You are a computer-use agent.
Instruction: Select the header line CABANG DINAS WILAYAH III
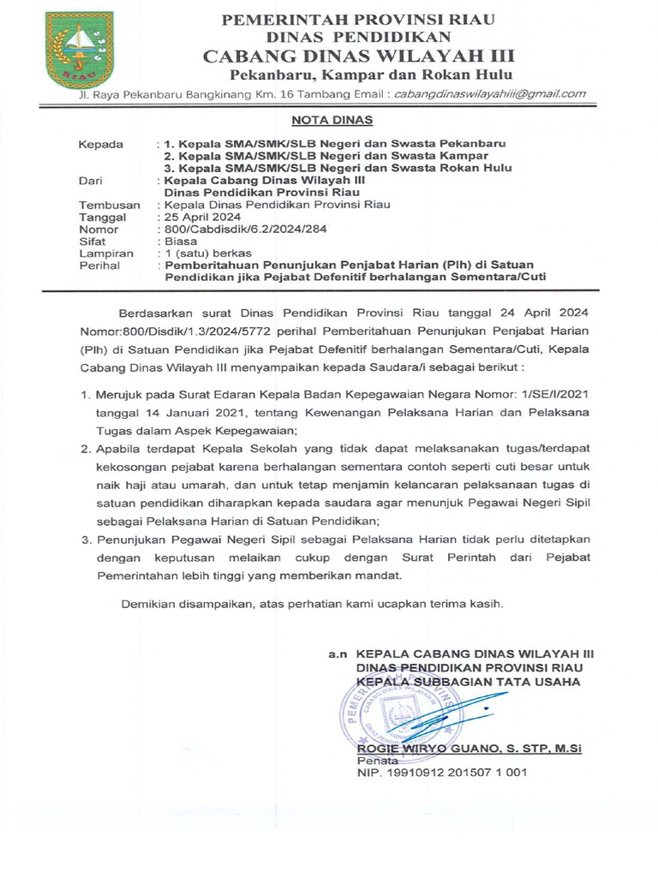tap(359, 57)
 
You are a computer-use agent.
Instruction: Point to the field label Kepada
tap(101, 143)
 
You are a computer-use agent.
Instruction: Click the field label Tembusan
tap(107, 205)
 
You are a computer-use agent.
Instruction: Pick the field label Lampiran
tap(106, 254)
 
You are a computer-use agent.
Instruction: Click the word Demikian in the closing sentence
tap(148, 603)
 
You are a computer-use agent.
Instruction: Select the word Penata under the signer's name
tap(377, 760)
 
